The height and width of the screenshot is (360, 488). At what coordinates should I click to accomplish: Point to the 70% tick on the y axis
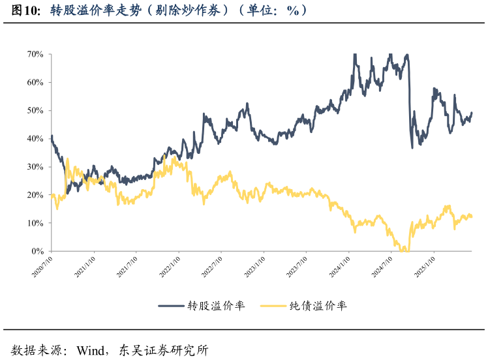(35, 54)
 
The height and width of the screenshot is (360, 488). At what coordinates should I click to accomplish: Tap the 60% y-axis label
(35, 83)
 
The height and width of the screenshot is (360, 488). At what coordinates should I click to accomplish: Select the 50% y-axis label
(35, 111)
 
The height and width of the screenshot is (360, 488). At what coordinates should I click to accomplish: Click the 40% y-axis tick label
(35, 139)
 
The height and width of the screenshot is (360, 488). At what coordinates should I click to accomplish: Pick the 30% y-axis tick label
(35, 167)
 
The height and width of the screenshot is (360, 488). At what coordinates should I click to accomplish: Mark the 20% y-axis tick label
(35, 195)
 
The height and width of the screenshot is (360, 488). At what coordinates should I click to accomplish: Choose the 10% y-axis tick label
(35, 223)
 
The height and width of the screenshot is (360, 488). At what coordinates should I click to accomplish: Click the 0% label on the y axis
(37, 251)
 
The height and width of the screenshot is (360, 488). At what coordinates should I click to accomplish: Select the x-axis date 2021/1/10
(85, 267)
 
